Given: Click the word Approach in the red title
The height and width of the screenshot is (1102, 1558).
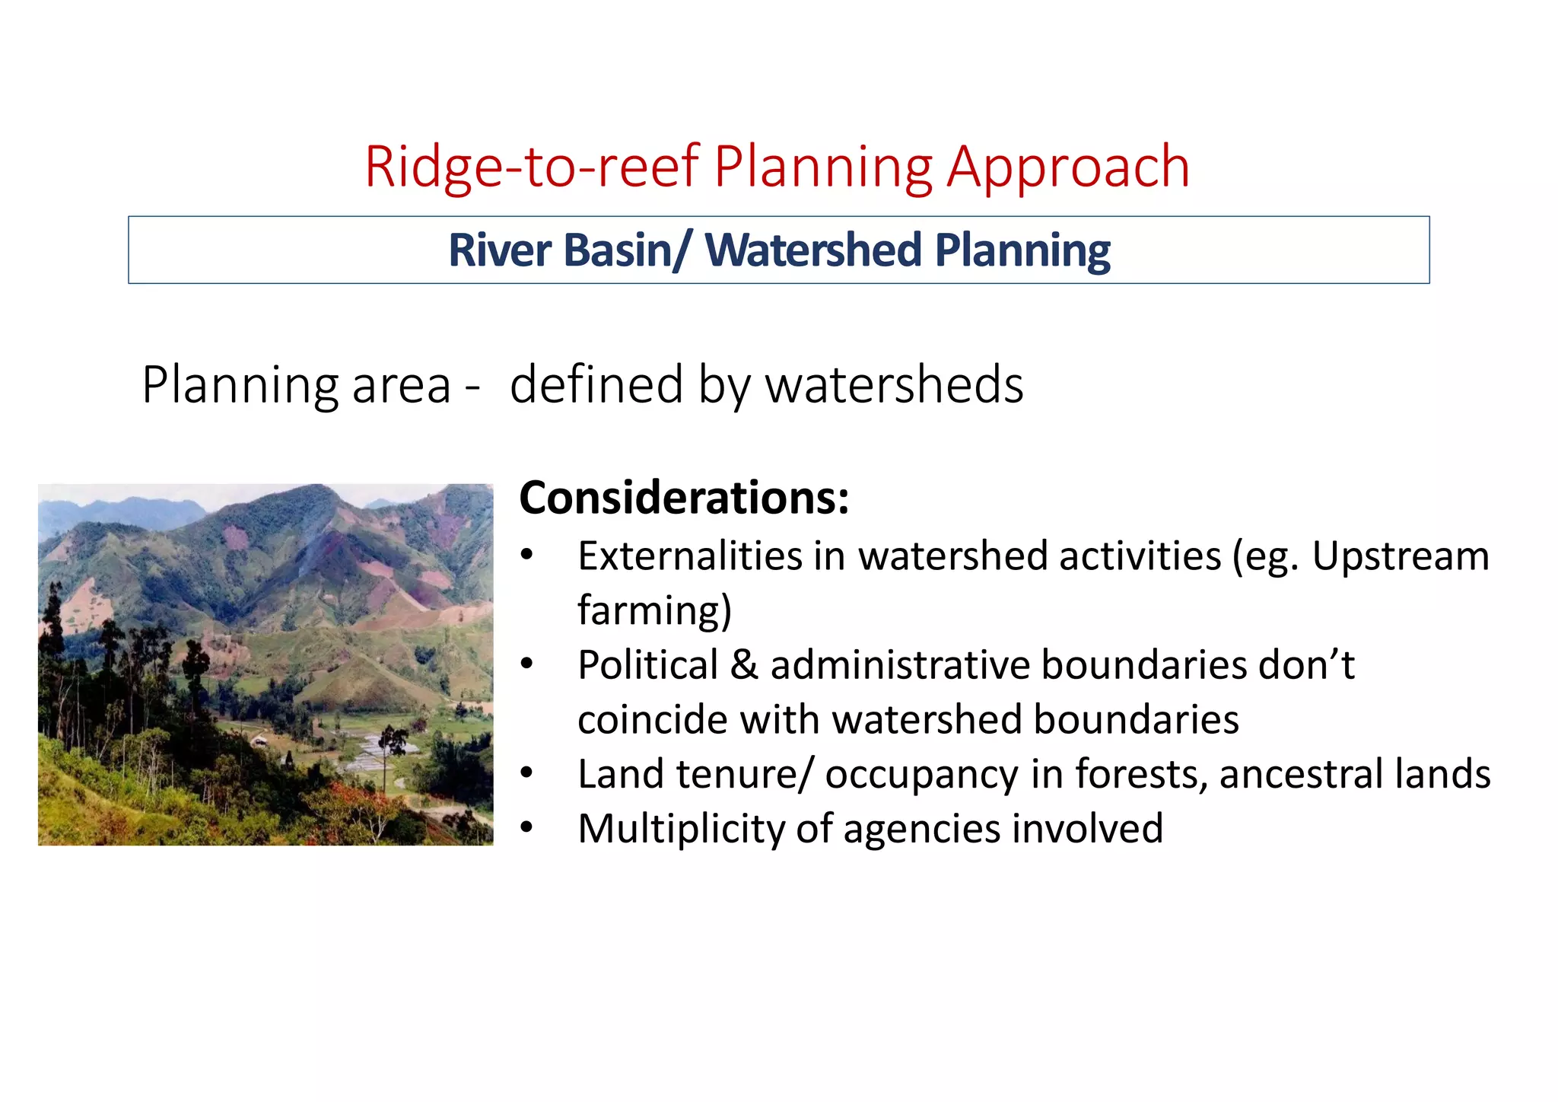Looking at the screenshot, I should pyautogui.click(x=1068, y=167).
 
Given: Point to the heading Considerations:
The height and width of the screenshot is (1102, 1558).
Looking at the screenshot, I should pyautogui.click(x=683, y=498).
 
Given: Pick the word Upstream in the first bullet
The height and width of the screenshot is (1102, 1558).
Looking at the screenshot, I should pyautogui.click(x=1400, y=556).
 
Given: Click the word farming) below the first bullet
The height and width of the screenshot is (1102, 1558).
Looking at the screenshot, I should pyautogui.click(x=654, y=610).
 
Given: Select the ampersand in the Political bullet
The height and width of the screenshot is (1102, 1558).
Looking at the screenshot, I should pyautogui.click(x=743, y=665).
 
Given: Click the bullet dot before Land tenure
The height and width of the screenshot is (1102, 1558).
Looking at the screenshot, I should pyautogui.click(x=526, y=774).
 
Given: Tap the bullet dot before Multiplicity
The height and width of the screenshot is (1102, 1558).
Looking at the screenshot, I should pyautogui.click(x=526, y=828).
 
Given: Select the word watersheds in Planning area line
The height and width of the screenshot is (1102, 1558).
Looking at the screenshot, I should pyautogui.click(x=894, y=385).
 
